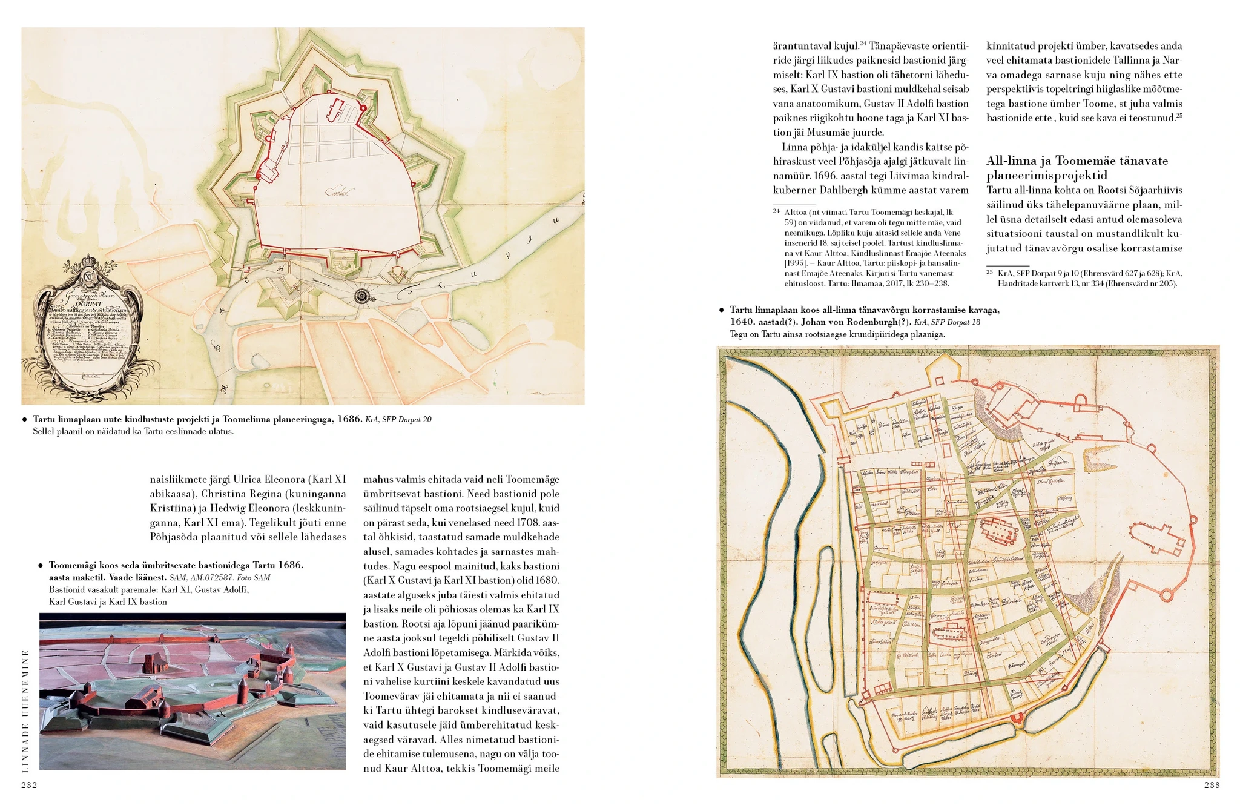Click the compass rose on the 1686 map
[361, 296]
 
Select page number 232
[30, 785]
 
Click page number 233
[1212, 785]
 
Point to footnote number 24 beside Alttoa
[776, 211]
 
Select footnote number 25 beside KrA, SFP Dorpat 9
[989, 273]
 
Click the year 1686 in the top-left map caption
[349, 419]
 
